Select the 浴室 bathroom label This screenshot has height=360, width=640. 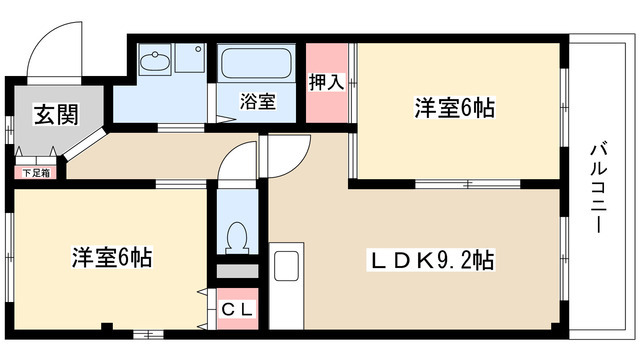[257, 100]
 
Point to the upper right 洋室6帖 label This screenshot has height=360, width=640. [455, 108]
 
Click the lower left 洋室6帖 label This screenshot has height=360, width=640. [110, 258]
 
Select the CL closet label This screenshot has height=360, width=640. [238, 310]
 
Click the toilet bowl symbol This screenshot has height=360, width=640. [237, 238]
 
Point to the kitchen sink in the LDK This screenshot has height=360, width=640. [286, 267]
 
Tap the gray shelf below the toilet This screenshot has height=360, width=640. [237, 271]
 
